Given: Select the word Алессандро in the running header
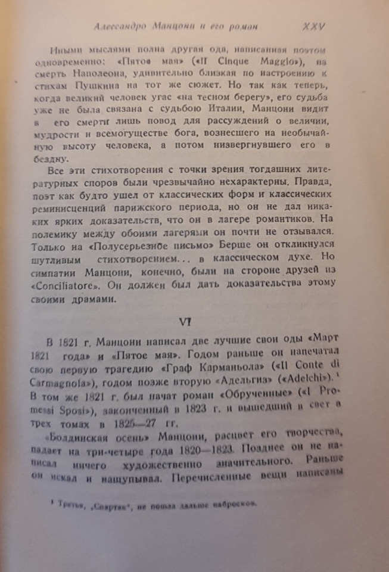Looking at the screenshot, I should click(120, 27).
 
